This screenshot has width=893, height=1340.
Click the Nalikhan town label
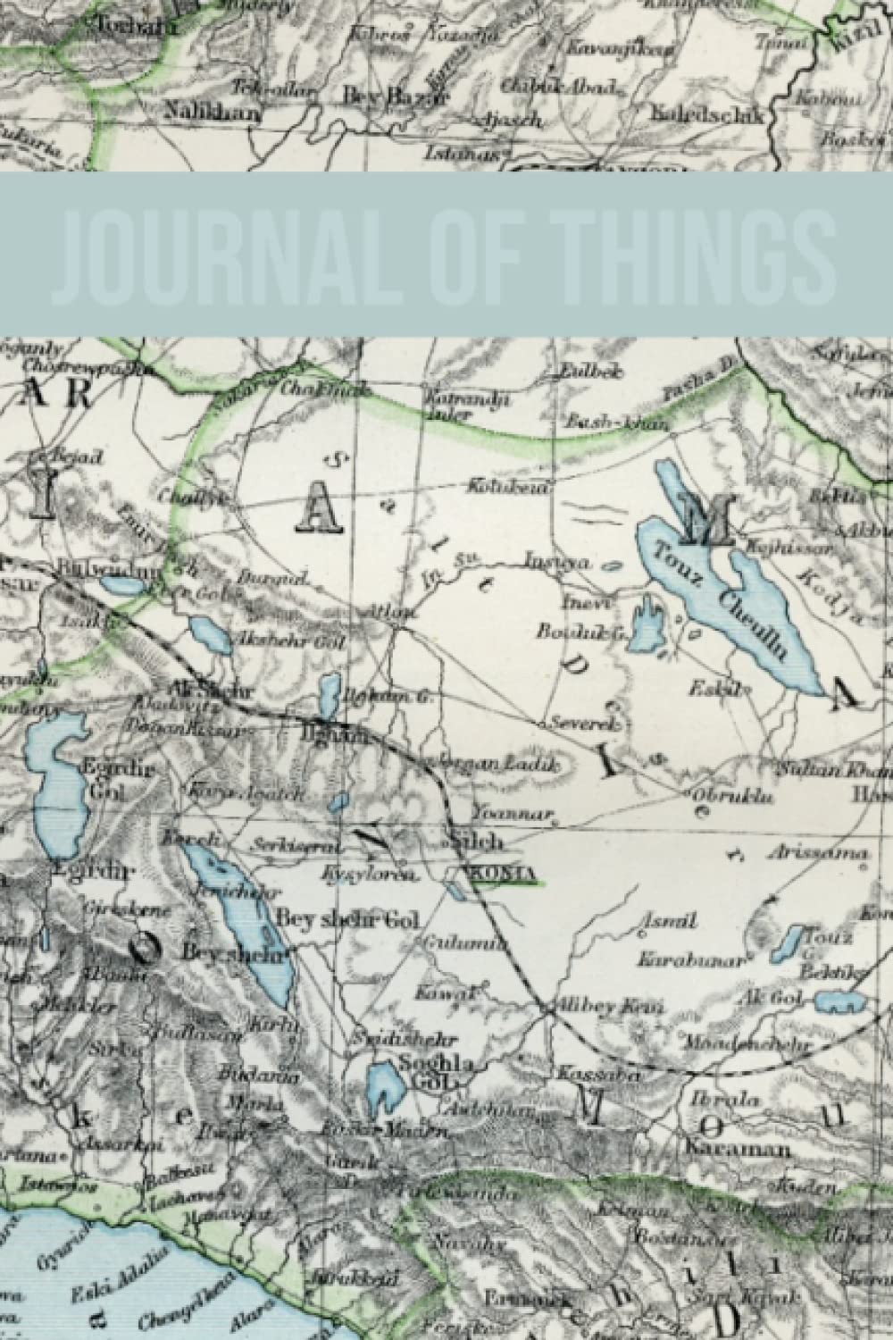tap(212, 113)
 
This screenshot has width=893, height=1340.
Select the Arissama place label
tap(827, 854)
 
